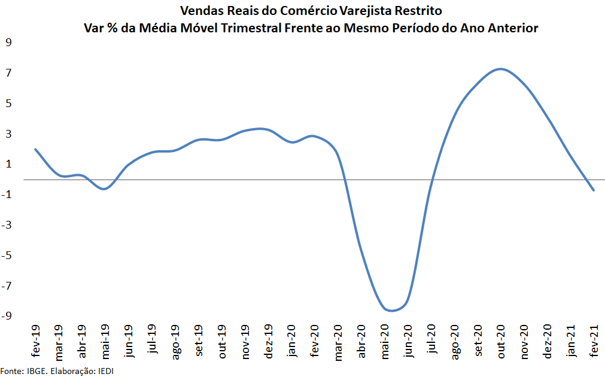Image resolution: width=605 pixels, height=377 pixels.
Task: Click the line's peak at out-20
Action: [501, 69]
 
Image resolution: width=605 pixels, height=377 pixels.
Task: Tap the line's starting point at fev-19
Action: [35, 149]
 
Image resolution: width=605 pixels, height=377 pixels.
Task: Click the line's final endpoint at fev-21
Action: [594, 190]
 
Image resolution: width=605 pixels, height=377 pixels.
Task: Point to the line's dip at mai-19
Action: [105, 189]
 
